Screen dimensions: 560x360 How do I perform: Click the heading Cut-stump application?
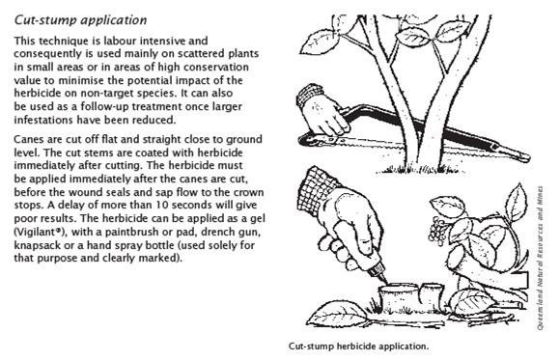(80, 20)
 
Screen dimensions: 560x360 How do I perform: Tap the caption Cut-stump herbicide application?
(358, 346)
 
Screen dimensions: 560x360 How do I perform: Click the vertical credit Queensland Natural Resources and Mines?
(540, 258)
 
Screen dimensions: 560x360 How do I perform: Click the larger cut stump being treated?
(398, 297)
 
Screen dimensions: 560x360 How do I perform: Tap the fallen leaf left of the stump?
(336, 314)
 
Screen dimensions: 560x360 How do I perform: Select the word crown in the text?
(248, 192)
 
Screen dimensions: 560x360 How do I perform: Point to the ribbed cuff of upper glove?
(309, 94)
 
